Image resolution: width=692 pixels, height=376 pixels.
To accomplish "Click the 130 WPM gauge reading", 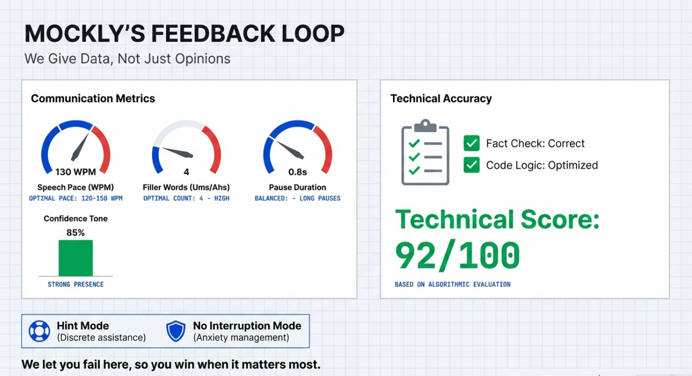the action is point(76,172).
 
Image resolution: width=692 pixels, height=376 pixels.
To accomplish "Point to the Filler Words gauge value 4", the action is point(186,172).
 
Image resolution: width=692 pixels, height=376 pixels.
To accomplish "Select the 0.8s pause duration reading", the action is point(298,172).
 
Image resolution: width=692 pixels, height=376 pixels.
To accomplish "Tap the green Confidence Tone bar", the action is point(76,258).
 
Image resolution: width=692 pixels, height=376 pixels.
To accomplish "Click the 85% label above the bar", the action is point(76,233).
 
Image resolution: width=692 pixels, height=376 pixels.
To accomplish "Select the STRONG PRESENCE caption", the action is point(76,284).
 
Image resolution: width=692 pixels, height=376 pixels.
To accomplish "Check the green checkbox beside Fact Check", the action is point(471,143).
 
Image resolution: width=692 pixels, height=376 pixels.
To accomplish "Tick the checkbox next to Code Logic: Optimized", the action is point(471,165).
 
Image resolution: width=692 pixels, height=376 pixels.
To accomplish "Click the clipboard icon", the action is point(426,152).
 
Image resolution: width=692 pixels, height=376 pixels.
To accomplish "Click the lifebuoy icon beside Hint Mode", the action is point(39,331).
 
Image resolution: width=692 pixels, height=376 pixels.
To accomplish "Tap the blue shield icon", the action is point(176,331).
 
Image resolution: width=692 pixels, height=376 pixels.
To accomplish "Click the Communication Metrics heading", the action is point(93,98).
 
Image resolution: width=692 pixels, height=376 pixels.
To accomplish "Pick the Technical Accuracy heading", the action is point(441,98).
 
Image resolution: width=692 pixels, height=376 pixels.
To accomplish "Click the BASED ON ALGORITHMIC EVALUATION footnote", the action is point(453,284).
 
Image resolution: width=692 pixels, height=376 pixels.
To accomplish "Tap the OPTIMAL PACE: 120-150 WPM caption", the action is point(76,198).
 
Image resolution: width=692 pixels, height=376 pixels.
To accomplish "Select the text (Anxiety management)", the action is point(241,337).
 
